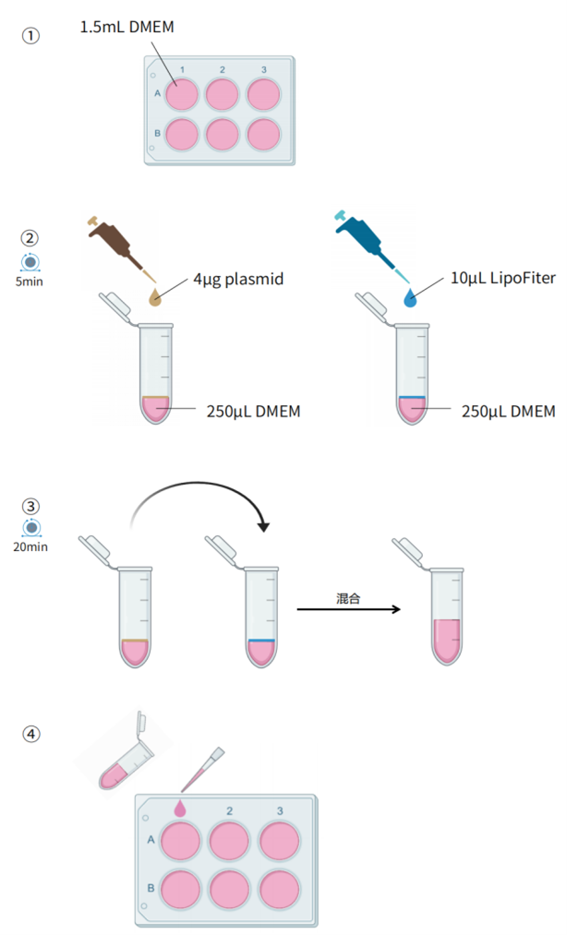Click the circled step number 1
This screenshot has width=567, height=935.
(x=32, y=36)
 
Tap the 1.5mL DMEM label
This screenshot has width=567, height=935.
(x=127, y=28)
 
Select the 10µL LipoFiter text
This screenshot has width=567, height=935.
(x=502, y=277)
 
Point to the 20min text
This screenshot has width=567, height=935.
(x=31, y=546)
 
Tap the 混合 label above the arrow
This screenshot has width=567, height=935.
(x=347, y=599)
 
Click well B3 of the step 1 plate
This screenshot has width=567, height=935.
(x=263, y=135)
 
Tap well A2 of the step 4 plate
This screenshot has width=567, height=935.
(x=230, y=841)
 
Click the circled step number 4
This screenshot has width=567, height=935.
(x=32, y=735)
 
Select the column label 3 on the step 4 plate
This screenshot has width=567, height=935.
(x=280, y=810)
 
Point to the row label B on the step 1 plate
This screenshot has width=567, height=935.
(x=158, y=135)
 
